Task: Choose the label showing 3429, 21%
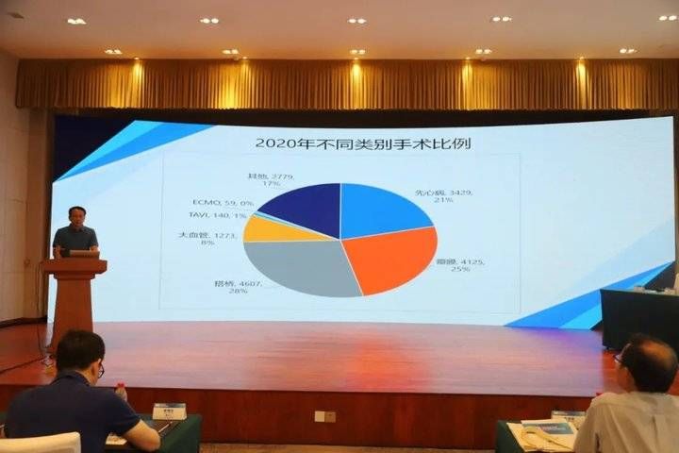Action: tap(439, 196)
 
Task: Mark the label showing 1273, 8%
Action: tap(209, 237)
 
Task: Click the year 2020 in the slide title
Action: tap(275, 143)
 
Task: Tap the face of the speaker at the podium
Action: tap(76, 216)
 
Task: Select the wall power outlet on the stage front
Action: tap(324, 416)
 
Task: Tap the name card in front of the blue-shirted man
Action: tap(169, 411)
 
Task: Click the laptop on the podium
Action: tap(83, 253)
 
